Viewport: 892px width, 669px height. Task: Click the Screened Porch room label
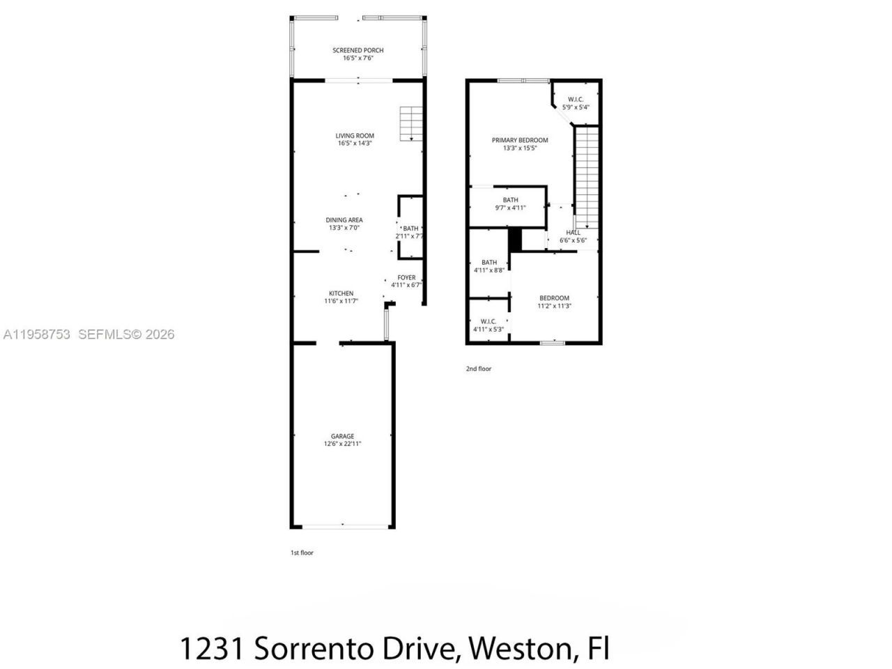[x=357, y=50]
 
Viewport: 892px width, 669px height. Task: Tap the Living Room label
[x=355, y=136]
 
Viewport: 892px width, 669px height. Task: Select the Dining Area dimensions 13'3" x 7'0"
[x=344, y=228]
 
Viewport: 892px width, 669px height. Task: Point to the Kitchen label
[x=341, y=293]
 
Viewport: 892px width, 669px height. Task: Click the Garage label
[x=342, y=436]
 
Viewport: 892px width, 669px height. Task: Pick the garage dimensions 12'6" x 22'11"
[x=342, y=444]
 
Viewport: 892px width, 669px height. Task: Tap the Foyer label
[x=406, y=277]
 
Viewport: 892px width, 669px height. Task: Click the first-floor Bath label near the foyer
[x=410, y=229]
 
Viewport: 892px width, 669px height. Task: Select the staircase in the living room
[x=410, y=124]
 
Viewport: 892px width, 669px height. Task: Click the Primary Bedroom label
[x=520, y=140]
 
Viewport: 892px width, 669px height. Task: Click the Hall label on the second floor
[x=573, y=233]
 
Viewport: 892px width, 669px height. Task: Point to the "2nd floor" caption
[x=479, y=369]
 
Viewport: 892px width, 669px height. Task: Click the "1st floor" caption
[x=302, y=553]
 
